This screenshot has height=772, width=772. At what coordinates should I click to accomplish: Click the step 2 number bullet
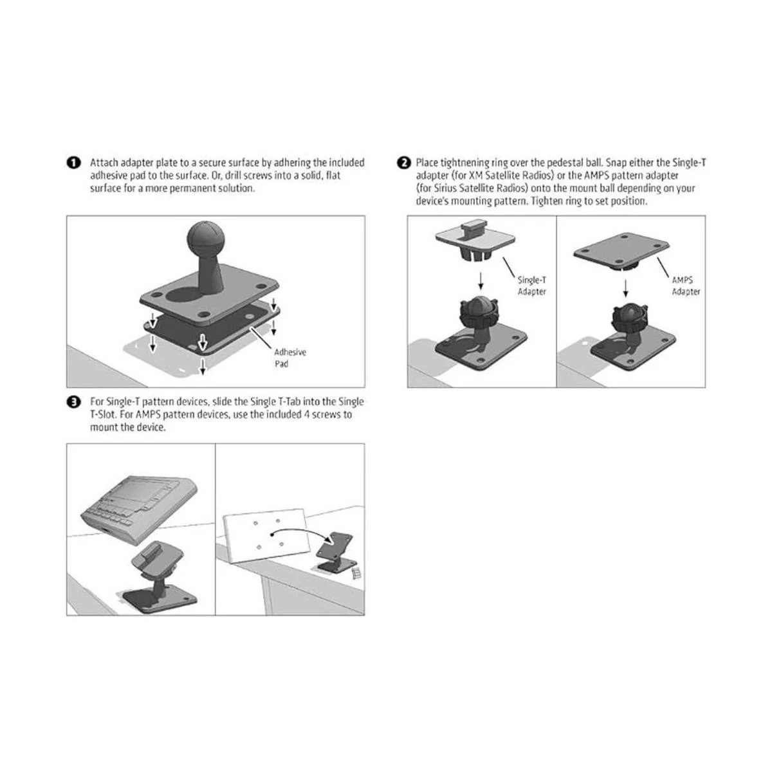click(404, 163)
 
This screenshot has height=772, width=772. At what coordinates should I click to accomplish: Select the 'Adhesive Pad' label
click(290, 358)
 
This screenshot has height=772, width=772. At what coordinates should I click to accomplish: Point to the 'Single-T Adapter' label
click(532, 286)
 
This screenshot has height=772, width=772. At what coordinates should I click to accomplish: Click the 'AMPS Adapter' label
click(686, 286)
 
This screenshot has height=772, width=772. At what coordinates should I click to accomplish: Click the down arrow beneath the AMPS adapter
click(626, 286)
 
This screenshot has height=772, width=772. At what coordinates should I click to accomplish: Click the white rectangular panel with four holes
click(264, 533)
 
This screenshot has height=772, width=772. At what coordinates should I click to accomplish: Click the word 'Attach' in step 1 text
click(104, 163)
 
